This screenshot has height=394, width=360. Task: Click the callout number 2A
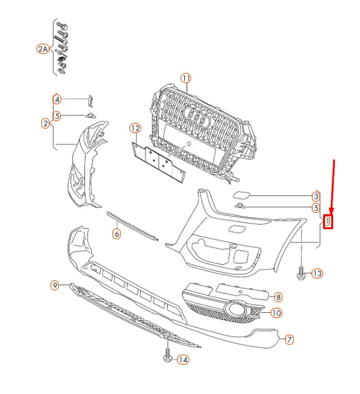[42, 49]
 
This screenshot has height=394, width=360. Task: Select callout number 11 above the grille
[186, 78]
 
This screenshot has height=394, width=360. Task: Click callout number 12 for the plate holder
[136, 128]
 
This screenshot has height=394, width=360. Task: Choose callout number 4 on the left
[57, 99]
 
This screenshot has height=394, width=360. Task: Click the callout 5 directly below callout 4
[57, 115]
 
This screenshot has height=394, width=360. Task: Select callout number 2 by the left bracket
[45, 124]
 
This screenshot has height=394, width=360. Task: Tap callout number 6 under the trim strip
[116, 234]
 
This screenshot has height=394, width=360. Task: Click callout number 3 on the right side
[316, 197]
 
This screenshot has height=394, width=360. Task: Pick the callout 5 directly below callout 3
[316, 208]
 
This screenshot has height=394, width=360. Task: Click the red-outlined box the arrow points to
[327, 221]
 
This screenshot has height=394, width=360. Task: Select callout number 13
[317, 273]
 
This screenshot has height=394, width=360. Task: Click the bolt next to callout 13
[301, 273]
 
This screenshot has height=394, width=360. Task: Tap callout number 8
[279, 297]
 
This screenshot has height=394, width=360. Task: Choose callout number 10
[277, 313]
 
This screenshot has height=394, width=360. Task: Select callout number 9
[55, 285]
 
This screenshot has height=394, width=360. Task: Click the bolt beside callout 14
[167, 357]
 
